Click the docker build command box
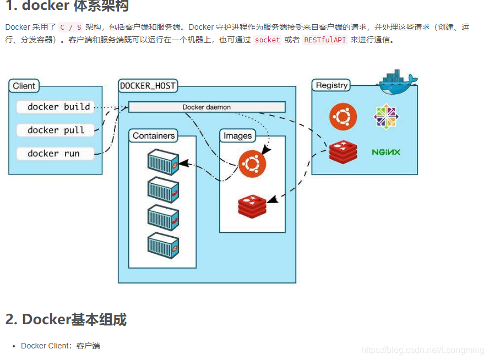coord(56,107)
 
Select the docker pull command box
coord(56,130)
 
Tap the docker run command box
coord(56,154)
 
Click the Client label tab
coord(24,86)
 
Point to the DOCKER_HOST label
coord(148,86)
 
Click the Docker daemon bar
coord(207,107)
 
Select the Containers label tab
coord(154,136)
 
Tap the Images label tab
coord(238,136)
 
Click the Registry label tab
coord(331,85)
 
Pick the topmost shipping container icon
coord(163,162)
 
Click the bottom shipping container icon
coord(163,246)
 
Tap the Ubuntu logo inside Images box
coord(252,164)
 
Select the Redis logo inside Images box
coord(252,206)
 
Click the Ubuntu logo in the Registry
coord(343,117)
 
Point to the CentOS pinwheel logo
coord(386,117)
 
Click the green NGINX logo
coord(386,152)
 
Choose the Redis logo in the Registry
coord(343,152)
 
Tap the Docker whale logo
coord(396,82)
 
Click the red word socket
coord(268,40)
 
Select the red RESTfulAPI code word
coord(325,40)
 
